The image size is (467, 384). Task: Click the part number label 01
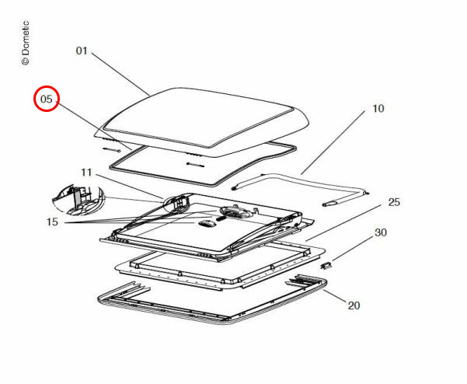point(82,51)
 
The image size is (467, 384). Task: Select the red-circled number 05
point(47,99)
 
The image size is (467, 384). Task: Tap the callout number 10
point(378,109)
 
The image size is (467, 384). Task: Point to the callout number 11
point(87,173)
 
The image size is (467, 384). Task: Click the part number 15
point(52,222)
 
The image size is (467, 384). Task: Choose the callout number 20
point(354,305)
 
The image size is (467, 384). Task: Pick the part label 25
point(394,202)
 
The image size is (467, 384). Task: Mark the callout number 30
point(381,232)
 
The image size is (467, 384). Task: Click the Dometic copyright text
point(26,43)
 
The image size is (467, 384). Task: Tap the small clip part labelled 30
point(326,265)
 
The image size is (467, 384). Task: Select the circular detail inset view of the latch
point(78,200)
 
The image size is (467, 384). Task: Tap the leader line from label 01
point(120,74)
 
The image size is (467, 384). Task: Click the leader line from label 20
point(335,296)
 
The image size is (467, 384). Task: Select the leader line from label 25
point(343,222)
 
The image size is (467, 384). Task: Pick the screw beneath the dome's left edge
point(111,149)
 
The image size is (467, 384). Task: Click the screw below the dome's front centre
point(195,164)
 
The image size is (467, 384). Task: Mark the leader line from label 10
point(333,142)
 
